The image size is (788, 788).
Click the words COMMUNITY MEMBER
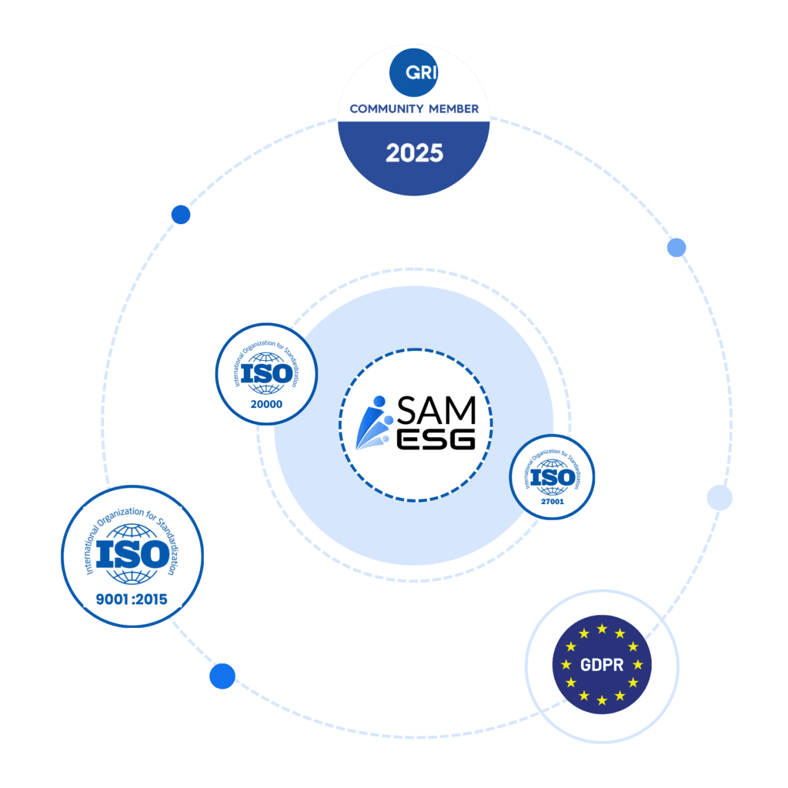414,109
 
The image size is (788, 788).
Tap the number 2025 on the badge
414,152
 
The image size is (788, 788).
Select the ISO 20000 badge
266,373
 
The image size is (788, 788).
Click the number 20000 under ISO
266,403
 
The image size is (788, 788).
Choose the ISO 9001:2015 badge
132,556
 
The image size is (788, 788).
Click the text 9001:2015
132,598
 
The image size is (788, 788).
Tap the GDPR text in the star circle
603,665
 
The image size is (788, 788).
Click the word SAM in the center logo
436,410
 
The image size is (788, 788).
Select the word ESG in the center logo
436,439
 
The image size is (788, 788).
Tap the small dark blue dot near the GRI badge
181,215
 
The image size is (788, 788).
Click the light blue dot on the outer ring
676,247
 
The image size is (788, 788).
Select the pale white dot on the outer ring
720,498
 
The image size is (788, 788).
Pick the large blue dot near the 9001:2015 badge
222,676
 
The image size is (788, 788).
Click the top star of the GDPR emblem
602,629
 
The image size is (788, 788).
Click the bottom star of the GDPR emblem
602,700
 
